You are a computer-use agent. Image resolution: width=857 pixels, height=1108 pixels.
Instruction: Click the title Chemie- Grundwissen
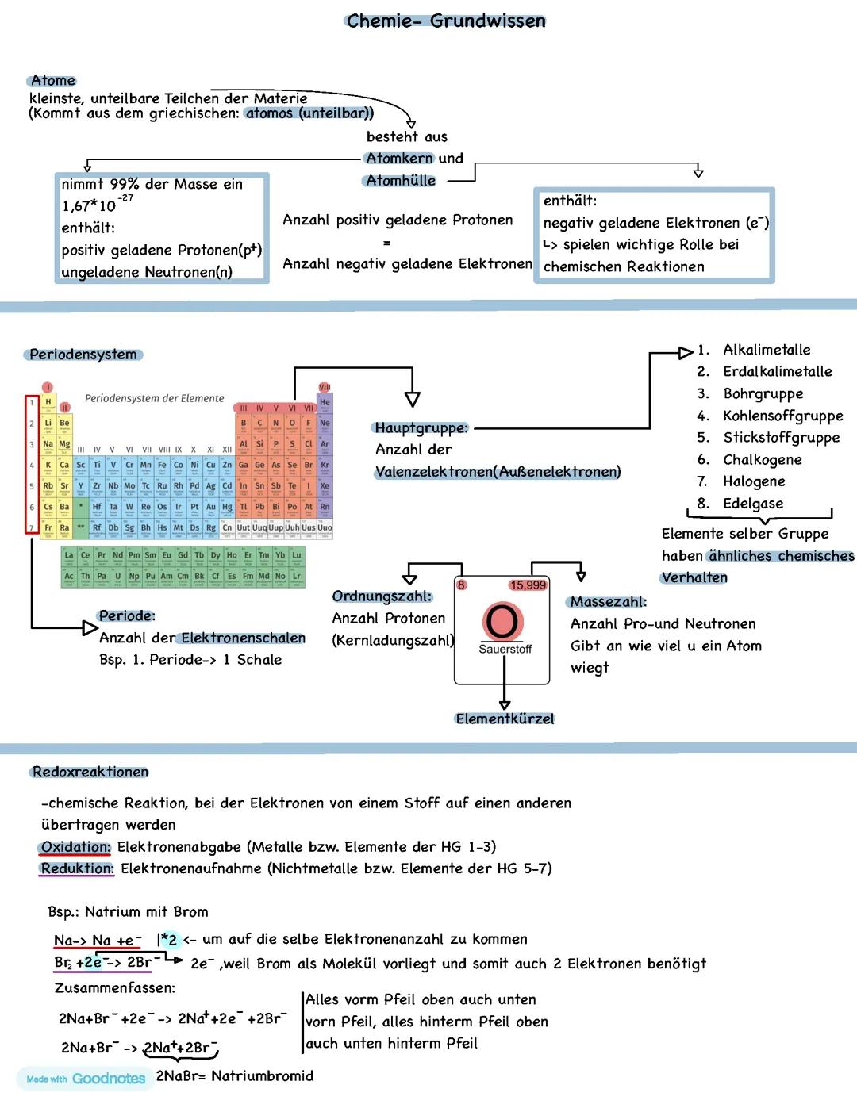click(x=446, y=21)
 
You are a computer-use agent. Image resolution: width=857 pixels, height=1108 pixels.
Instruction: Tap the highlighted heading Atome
click(x=52, y=80)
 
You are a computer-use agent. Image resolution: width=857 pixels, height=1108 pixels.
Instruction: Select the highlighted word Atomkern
click(x=399, y=159)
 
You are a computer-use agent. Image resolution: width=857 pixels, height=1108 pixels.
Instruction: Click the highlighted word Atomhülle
click(x=401, y=181)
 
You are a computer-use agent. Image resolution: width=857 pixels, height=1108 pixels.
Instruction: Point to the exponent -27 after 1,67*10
click(x=125, y=198)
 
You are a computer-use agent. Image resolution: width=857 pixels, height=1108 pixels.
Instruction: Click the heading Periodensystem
click(x=83, y=355)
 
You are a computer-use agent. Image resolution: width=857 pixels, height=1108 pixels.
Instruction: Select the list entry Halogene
click(x=754, y=481)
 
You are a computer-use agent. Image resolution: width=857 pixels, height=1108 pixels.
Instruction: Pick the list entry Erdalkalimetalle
click(x=777, y=371)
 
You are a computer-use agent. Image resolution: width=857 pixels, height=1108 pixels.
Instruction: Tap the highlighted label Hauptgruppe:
click(x=421, y=427)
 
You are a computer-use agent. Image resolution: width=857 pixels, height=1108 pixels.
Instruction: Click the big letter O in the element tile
click(x=502, y=621)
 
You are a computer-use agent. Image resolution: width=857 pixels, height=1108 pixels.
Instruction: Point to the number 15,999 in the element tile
click(x=528, y=585)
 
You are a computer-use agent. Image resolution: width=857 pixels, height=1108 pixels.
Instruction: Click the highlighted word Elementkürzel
click(x=505, y=719)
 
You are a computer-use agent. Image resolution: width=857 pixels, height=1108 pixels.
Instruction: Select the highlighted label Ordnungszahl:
click(x=382, y=596)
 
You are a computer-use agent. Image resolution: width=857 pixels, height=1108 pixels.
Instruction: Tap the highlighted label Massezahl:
click(x=608, y=602)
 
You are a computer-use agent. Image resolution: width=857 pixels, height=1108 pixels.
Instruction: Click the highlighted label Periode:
click(x=127, y=615)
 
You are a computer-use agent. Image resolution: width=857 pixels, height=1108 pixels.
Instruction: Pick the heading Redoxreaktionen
click(x=90, y=772)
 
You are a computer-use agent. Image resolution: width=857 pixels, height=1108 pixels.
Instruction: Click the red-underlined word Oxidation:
click(x=75, y=847)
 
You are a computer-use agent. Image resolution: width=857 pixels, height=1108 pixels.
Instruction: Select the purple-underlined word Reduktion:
click(x=77, y=868)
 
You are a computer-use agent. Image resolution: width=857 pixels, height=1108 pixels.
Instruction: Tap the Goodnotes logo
click(x=86, y=1079)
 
